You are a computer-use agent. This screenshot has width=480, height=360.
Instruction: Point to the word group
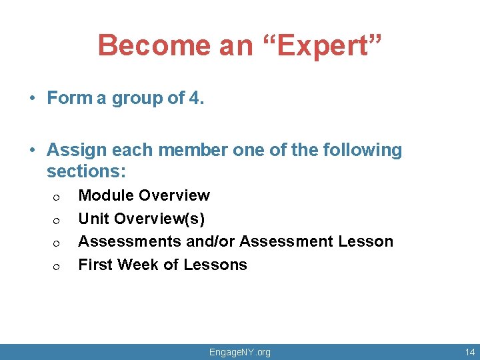tap(136, 99)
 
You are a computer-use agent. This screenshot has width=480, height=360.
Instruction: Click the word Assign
tap(75, 150)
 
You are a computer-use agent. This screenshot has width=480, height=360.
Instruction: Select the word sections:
tap(86, 171)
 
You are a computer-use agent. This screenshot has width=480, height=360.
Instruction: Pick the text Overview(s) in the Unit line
tap(159, 219)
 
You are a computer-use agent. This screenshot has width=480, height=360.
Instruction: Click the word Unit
tap(94, 219)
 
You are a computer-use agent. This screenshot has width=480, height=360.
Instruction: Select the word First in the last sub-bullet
tap(95, 265)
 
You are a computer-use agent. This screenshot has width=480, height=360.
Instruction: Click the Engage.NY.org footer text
tap(240, 352)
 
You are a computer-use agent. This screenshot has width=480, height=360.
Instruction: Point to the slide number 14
tap(470, 352)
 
